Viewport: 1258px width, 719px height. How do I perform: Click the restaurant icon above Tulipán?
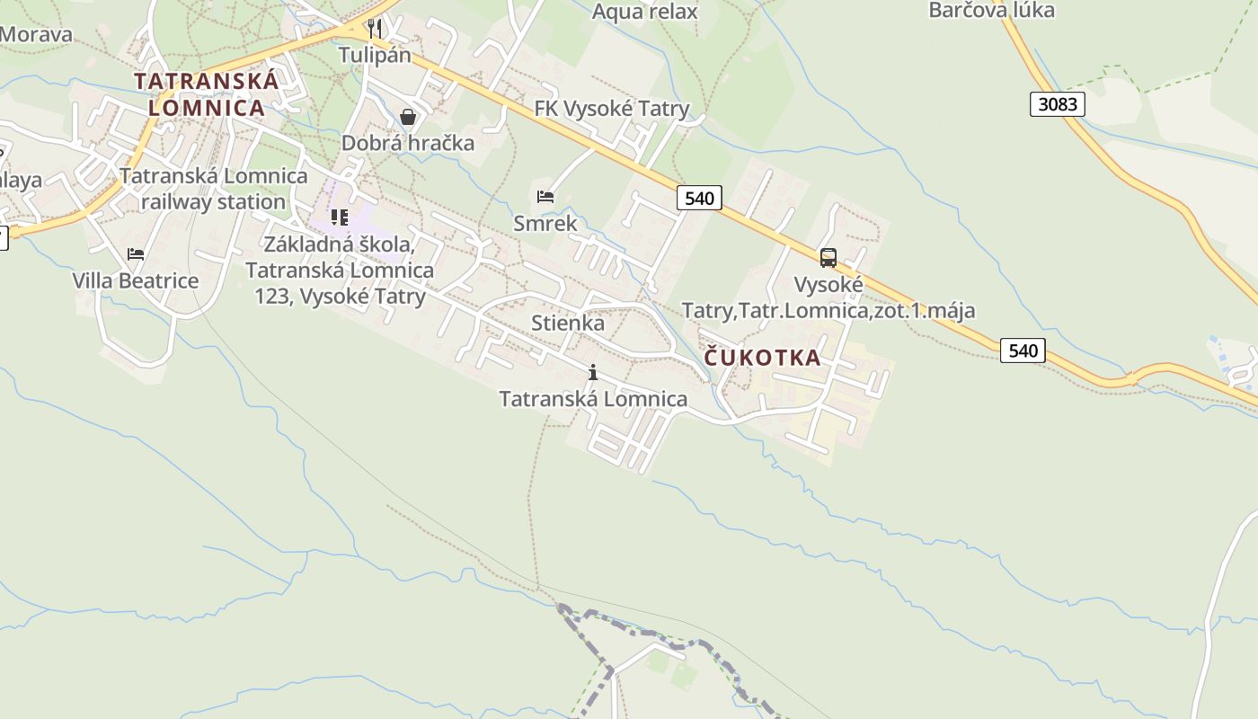click(375, 29)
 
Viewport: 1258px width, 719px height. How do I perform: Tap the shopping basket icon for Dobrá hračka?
click(408, 117)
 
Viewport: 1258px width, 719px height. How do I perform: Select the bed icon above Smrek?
click(545, 197)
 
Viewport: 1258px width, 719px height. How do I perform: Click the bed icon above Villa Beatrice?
click(136, 254)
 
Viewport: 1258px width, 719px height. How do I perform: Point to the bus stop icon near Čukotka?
click(828, 258)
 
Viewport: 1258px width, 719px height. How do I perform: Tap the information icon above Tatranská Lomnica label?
click(592, 372)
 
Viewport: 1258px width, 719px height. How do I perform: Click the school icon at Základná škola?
click(339, 217)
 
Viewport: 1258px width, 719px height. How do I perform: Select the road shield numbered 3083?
click(1057, 104)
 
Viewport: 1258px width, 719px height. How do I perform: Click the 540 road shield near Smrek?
click(698, 198)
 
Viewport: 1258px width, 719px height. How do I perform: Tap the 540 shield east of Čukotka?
click(1023, 351)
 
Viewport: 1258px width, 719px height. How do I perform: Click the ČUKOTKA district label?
click(762, 358)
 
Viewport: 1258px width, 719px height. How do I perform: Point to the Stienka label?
click(568, 323)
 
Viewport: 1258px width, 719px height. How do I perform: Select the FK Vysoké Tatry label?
click(612, 109)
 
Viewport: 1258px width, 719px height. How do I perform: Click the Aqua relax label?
click(644, 12)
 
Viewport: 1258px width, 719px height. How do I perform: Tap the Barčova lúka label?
click(991, 11)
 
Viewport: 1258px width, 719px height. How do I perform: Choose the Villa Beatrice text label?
click(136, 280)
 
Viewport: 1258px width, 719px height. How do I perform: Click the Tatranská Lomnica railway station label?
click(213, 189)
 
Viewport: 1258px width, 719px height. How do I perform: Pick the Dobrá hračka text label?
click(408, 143)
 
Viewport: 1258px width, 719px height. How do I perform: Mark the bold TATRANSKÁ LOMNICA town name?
click(207, 93)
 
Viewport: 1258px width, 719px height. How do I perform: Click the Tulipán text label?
click(375, 55)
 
